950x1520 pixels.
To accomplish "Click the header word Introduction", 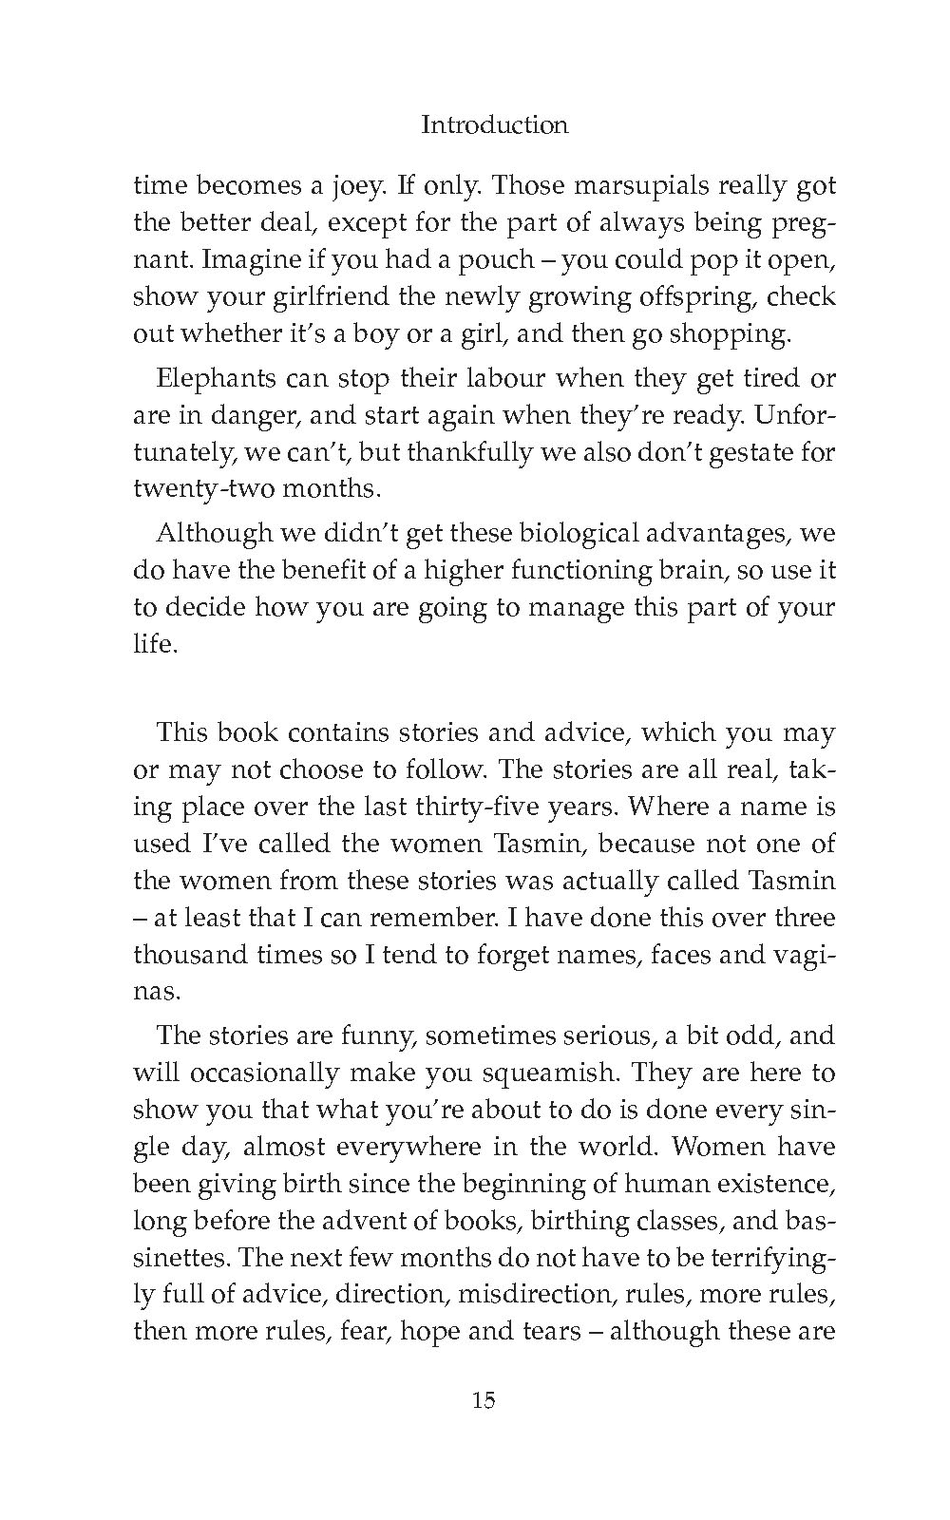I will [494, 124].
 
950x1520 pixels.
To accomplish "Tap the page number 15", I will [483, 1399].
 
